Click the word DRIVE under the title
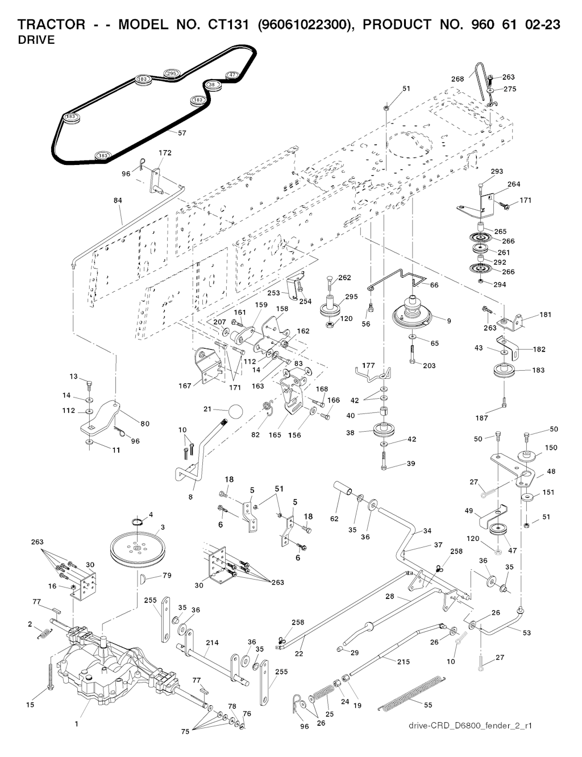(36, 40)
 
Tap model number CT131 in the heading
(228, 24)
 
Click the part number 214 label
(212, 642)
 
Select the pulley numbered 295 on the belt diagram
(171, 74)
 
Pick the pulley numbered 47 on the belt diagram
(232, 75)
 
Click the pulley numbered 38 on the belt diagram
(213, 85)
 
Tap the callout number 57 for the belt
(182, 133)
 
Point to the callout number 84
(118, 200)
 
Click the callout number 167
(185, 386)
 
